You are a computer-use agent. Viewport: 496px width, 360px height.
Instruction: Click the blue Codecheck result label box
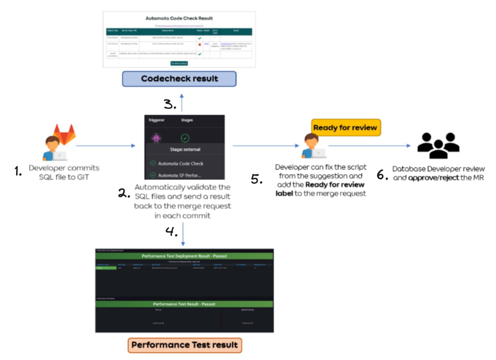pyautogui.click(x=179, y=79)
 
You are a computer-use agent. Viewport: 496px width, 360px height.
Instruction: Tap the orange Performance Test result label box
pyautogui.click(x=185, y=345)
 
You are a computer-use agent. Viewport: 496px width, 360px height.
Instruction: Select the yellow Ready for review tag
pyautogui.click(x=345, y=127)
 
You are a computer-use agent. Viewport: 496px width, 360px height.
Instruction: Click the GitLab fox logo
pyautogui.click(x=65, y=134)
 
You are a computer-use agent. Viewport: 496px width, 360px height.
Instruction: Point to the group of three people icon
pyautogui.click(x=438, y=146)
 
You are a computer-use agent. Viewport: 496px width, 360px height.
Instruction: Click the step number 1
pyautogui.click(x=18, y=171)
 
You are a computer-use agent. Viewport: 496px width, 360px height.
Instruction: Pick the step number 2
pyautogui.click(x=124, y=193)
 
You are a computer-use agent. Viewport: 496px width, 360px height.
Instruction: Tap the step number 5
pyautogui.click(x=257, y=179)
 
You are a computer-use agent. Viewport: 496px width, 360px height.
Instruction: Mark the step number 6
pyautogui.click(x=382, y=175)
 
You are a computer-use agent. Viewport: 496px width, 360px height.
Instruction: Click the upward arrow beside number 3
pyautogui.click(x=182, y=102)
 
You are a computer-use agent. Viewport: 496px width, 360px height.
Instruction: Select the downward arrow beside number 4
pyautogui.click(x=183, y=234)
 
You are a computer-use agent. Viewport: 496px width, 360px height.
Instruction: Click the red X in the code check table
pyautogui.click(x=200, y=45)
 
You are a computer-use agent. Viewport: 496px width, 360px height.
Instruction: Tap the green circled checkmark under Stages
pyautogui.click(x=185, y=138)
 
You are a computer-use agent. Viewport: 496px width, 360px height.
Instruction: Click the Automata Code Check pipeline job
pyautogui.click(x=180, y=163)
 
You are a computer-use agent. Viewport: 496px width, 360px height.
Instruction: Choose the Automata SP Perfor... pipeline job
pyautogui.click(x=179, y=175)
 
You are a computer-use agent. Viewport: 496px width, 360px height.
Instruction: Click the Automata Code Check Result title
pyautogui.click(x=179, y=18)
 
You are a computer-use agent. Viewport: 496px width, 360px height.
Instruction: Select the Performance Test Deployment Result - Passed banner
pyautogui.click(x=184, y=256)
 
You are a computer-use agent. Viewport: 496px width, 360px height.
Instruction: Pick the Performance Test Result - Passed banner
pyautogui.click(x=184, y=304)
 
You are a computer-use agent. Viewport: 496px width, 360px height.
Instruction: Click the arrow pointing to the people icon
pyautogui.click(x=369, y=146)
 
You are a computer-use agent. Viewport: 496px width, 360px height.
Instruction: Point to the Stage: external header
pyautogui.click(x=185, y=149)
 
